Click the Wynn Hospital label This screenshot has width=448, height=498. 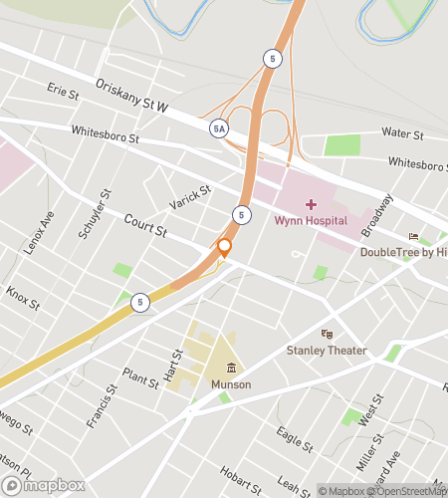pyautogui.click(x=311, y=220)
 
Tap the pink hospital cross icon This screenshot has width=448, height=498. pyautogui.click(x=311, y=203)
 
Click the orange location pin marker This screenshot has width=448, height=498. pyautogui.click(x=224, y=246)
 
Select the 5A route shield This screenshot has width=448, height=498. pyautogui.click(x=218, y=128)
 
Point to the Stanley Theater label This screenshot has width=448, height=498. pyautogui.click(x=327, y=350)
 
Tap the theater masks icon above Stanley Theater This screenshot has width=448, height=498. pyautogui.click(x=326, y=334)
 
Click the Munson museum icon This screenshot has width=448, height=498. pyautogui.click(x=231, y=368)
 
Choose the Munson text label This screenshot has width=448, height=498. pyautogui.click(x=231, y=384)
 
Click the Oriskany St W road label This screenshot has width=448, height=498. pyautogui.click(x=131, y=97)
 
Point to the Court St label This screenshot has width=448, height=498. pyautogui.click(x=145, y=229)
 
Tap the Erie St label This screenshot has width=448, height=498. pyautogui.click(x=62, y=92)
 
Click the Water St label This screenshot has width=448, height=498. pyautogui.click(x=403, y=132)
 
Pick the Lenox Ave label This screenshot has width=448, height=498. pyautogui.click(x=39, y=232)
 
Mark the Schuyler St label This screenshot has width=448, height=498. pyautogui.click(x=91, y=214)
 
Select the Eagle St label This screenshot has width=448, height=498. pyautogui.click(x=297, y=436)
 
